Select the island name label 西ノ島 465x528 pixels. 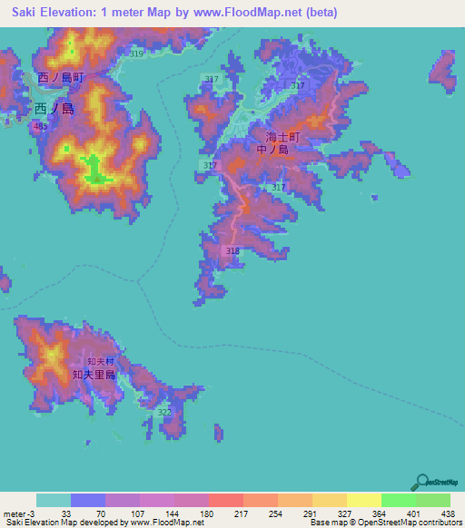click(54, 107)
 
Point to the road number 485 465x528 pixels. click(39, 127)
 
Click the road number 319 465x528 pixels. click(136, 54)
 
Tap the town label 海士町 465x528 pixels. click(282, 136)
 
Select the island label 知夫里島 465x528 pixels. click(94, 374)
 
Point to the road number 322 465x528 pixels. click(164, 412)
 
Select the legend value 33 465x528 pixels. click(65, 513)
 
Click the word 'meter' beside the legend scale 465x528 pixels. click(13, 513)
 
